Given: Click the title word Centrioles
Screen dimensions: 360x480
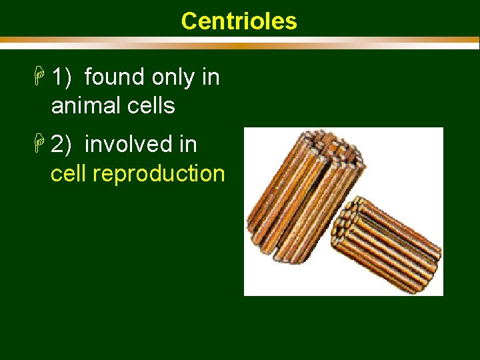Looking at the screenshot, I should click(x=239, y=21).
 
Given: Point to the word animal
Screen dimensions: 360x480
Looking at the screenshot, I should click(x=85, y=105).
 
